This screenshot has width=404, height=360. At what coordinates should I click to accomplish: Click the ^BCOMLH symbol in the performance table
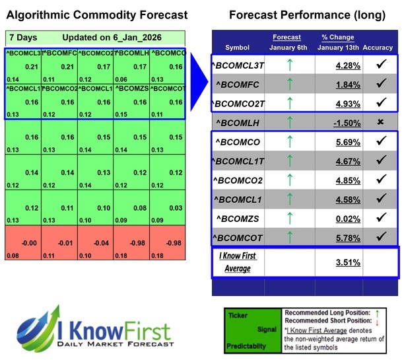(x=238, y=122)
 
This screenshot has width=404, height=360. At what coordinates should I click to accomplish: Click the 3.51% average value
(x=338, y=262)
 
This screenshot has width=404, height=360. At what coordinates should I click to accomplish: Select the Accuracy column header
(x=378, y=48)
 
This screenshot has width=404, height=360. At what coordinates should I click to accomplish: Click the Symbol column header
(x=238, y=48)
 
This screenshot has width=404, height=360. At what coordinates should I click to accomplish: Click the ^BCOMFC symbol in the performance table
(x=238, y=84)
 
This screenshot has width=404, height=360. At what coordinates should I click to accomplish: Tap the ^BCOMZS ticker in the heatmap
(x=131, y=87)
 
